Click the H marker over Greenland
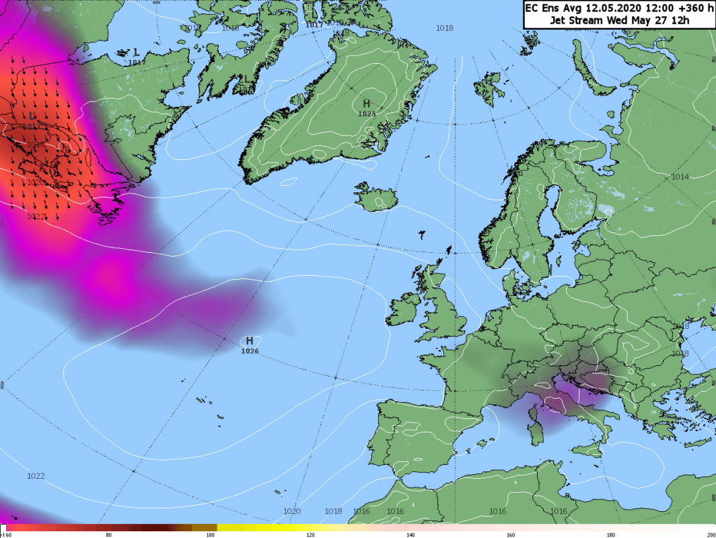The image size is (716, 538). coord(367,103)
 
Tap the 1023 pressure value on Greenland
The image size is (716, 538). coord(367,114)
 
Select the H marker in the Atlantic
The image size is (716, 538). coord(250,340)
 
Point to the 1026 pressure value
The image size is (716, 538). coord(250,351)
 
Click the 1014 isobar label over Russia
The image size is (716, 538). coord(680,176)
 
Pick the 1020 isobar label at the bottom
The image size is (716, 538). coord(291,511)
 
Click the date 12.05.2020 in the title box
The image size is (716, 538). coord(595,8)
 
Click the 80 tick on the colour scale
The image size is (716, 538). coord(108,535)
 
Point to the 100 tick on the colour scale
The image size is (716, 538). coord(210,535)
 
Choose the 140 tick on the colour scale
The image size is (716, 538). coord(410,535)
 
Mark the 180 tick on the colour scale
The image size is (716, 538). coord(610,535)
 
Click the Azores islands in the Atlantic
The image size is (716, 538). coord(209,403)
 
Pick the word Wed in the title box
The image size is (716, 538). coord(616,20)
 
